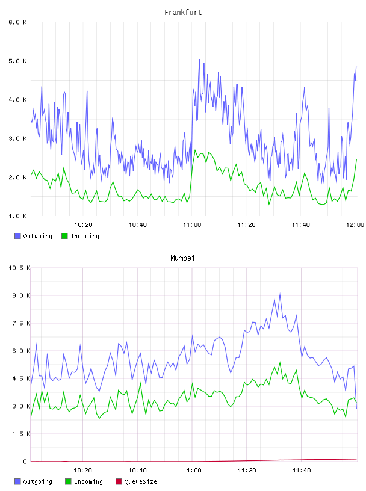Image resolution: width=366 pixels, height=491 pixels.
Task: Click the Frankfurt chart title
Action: tap(183, 13)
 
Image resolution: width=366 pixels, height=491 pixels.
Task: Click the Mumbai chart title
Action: tap(182, 258)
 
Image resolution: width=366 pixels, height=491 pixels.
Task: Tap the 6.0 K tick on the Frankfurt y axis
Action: tap(17, 22)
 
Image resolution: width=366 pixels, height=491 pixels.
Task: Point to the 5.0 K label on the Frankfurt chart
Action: tap(17, 61)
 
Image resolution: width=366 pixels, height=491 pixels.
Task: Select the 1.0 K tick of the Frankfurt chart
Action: tap(17, 216)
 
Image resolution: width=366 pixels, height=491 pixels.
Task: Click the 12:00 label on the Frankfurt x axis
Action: tap(355, 225)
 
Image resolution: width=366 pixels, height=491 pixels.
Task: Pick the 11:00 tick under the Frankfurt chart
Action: tap(192, 225)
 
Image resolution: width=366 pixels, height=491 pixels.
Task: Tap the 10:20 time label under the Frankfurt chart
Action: tap(83, 225)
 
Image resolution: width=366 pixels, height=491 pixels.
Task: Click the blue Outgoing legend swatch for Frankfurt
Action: tap(17, 236)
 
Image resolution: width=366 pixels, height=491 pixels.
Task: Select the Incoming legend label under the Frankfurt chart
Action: tap(85, 236)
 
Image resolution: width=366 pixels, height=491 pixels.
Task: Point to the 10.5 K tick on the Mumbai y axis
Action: tap(19, 268)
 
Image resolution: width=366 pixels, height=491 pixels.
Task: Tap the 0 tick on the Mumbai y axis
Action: tap(25, 462)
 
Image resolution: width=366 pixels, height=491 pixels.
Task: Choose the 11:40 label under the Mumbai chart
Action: tap(302, 471)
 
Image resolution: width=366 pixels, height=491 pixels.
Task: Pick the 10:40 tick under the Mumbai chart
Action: tap(137, 471)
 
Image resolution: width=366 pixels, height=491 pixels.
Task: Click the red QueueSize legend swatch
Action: tap(119, 481)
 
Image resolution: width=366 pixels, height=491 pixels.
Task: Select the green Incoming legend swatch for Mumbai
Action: tap(68, 481)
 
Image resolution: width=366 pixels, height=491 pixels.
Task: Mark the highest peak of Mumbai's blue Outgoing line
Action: tap(280, 294)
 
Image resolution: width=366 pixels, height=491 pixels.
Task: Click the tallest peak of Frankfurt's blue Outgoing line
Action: tap(199, 60)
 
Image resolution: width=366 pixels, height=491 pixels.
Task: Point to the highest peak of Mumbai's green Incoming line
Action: tap(280, 362)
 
